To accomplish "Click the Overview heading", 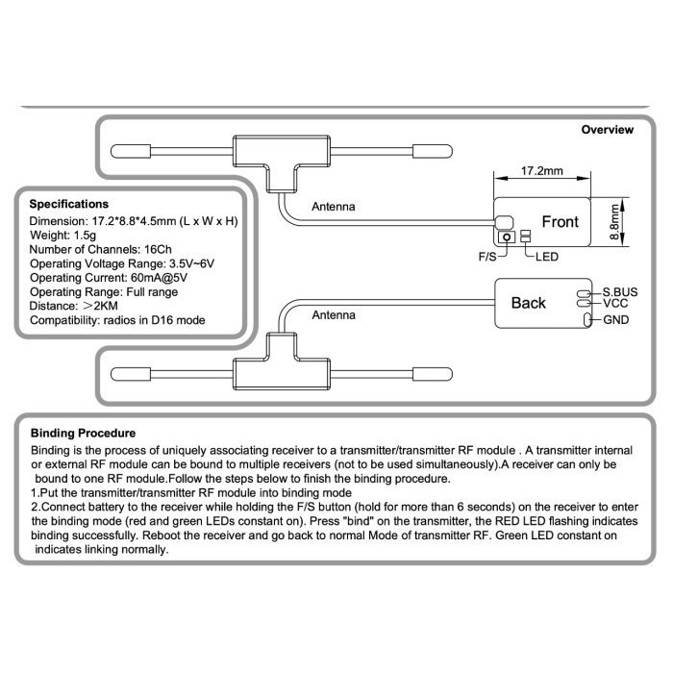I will pos(608,130).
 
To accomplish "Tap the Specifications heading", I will pos(69,204).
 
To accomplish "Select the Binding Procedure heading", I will pos(83,433).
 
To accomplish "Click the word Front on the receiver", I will pos(560,222).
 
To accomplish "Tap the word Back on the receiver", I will pos(528,303).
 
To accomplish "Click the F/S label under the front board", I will pos(489,258).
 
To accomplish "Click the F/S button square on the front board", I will pos(504,236).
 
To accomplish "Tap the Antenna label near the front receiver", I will pos(334,207).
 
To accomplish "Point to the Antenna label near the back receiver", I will pos(334,314).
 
